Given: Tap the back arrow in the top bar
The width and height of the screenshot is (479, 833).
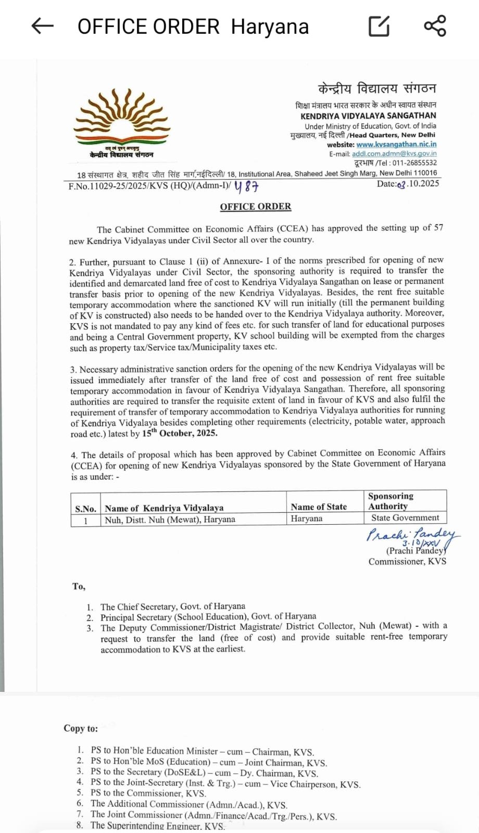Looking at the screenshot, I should pos(43,26).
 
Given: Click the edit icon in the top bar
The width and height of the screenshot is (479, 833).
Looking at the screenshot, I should pos(379,26).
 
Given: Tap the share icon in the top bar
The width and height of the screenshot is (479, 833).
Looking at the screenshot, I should pos(435,26).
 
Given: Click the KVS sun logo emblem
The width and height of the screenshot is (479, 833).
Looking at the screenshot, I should pos(122,117).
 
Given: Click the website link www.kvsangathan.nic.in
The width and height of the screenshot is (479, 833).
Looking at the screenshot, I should pos(396,144).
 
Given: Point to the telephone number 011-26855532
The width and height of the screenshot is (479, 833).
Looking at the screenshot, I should pos(414,162).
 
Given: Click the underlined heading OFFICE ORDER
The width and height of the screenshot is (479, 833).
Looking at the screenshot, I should pos(256,207).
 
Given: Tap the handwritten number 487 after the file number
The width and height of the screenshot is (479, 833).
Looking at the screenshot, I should pos(246,186).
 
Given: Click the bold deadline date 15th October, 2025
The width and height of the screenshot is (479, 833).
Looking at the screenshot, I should pos(180,433).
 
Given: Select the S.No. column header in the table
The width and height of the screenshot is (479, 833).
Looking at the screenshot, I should pos(85,509).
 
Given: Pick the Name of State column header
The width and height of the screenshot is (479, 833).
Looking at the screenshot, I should pos(319,507).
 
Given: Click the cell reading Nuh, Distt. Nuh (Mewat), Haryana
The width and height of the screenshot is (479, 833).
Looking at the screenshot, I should pos(170,519).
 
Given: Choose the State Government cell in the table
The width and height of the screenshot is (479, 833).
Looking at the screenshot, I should pos(405,518).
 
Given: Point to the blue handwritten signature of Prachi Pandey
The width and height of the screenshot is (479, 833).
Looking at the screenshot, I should pos(411,536).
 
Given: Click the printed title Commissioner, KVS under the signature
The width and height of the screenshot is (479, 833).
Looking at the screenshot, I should pos(407,561).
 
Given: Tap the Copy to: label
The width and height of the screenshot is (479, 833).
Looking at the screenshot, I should pos(81,728).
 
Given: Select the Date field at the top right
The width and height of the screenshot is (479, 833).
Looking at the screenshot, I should pos(408,184).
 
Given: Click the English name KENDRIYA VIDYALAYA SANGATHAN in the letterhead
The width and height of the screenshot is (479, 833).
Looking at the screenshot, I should pos(368,116).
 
